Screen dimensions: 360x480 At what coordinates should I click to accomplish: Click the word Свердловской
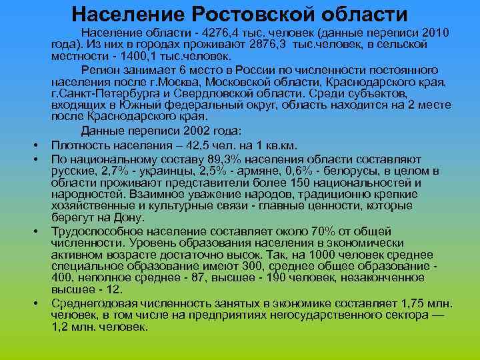click(203, 93)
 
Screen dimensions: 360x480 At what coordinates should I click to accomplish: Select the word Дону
click(131, 217)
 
